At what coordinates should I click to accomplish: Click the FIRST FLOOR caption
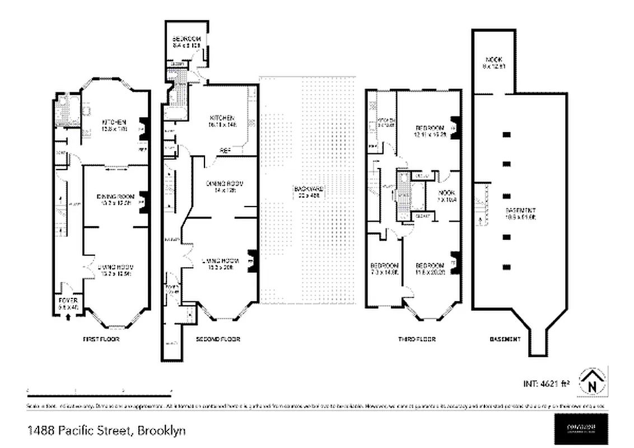[x=101, y=339]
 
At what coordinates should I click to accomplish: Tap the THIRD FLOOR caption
[x=417, y=339]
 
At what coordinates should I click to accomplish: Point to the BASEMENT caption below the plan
[x=505, y=339]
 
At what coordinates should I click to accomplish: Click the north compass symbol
[x=592, y=382]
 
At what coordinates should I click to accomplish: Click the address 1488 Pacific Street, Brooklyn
[x=106, y=431]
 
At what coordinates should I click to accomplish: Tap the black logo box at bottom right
[x=580, y=428]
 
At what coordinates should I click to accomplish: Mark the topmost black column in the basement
[x=507, y=134]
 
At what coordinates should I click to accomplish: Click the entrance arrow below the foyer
[x=68, y=316]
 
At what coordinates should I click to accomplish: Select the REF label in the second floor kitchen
[x=225, y=150]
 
